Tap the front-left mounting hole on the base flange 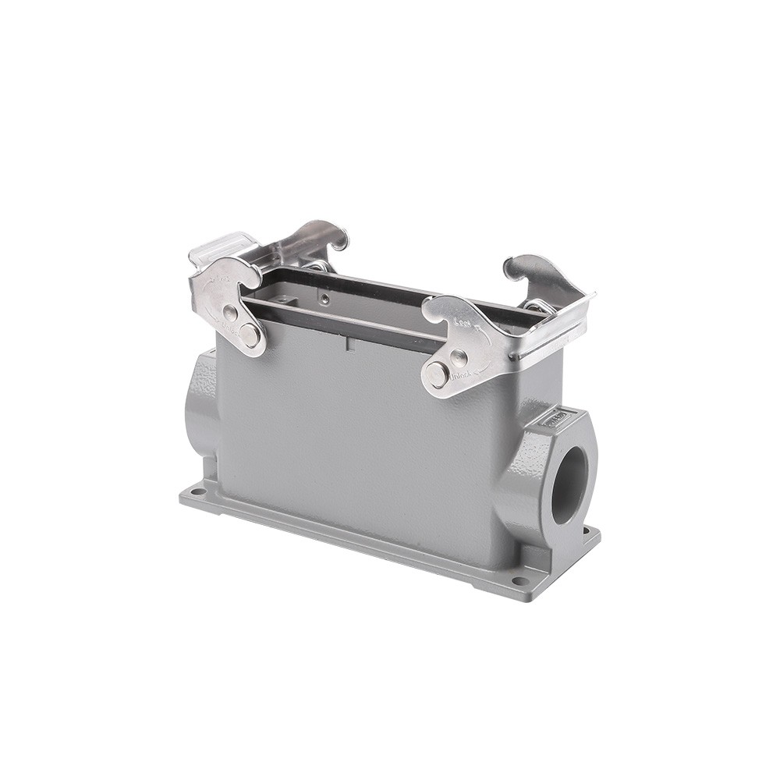coord(193,492)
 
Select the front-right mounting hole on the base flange coord(517,581)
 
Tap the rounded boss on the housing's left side coord(197,406)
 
